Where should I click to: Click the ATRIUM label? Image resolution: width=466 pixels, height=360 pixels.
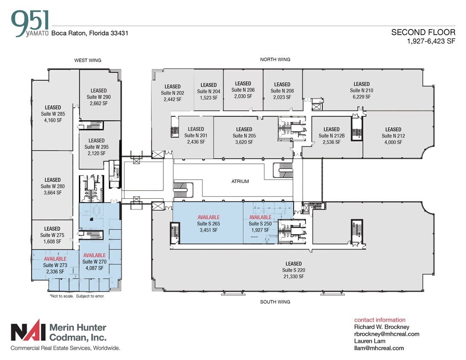tap(240, 181)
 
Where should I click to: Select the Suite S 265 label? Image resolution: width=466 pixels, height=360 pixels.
tap(208, 224)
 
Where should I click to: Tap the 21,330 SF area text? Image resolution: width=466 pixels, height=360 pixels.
tap(293, 276)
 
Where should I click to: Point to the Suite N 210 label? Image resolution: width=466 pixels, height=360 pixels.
tap(361, 90)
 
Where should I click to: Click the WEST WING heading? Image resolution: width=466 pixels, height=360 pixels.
tap(87, 61)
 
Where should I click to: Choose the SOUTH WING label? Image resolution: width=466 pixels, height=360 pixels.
tap(275, 302)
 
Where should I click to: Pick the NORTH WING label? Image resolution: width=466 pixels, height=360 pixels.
tap(275, 60)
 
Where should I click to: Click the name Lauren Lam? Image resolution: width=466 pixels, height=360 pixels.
tap(370, 341)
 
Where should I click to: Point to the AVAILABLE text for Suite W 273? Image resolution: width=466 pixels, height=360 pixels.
tap(55, 259)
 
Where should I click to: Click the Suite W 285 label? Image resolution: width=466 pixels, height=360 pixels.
tap(53, 114)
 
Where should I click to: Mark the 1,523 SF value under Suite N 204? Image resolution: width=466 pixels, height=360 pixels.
tap(209, 98)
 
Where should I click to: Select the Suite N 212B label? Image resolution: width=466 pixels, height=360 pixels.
tap(332, 136)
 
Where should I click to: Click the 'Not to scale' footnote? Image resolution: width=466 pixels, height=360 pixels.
tap(77, 296)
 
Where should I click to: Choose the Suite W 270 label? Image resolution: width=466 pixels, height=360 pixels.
tap(94, 262)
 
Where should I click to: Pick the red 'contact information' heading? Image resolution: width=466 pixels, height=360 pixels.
tap(380, 320)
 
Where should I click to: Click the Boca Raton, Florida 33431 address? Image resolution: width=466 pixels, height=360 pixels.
tap(90, 33)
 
